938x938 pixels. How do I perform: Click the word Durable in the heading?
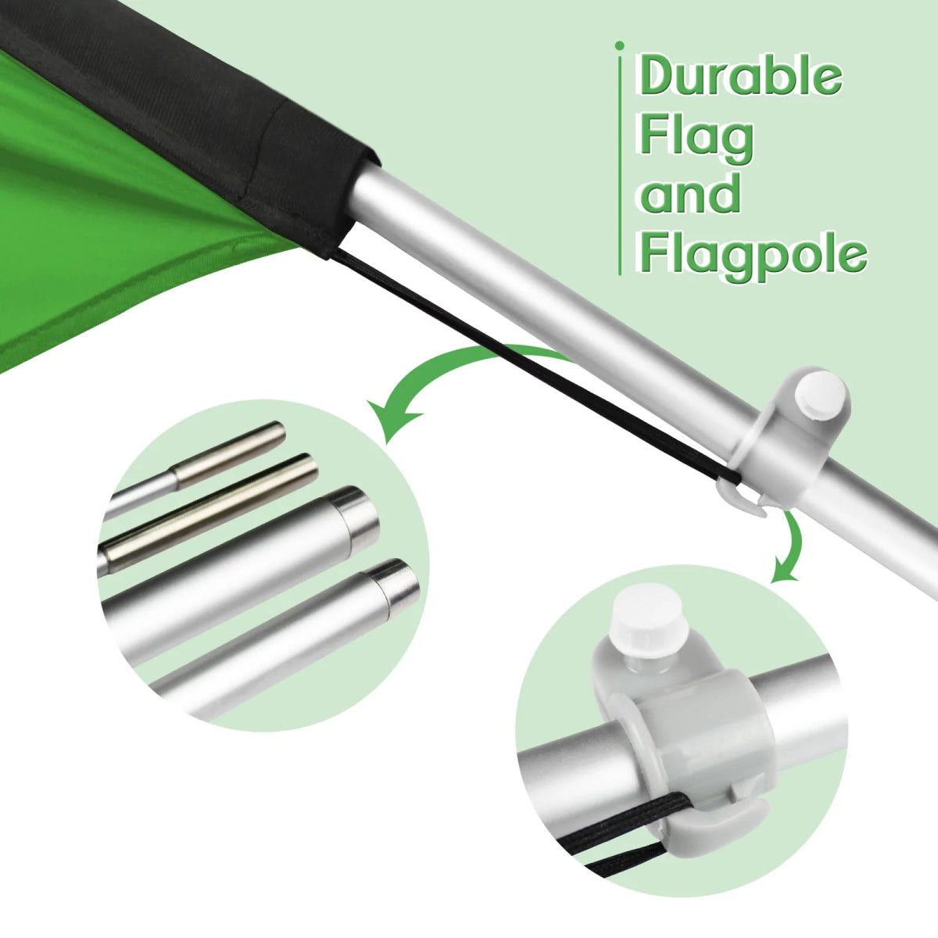pyautogui.click(x=739, y=75)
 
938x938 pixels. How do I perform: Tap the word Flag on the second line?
pyautogui.click(x=696, y=137)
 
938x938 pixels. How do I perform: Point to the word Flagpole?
pyautogui.click(x=753, y=252)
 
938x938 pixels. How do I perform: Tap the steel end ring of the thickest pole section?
pyautogui.click(x=360, y=512)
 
